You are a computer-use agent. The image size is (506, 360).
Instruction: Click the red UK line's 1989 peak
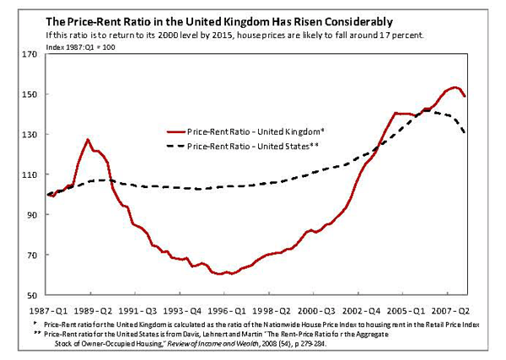[x=88, y=139]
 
